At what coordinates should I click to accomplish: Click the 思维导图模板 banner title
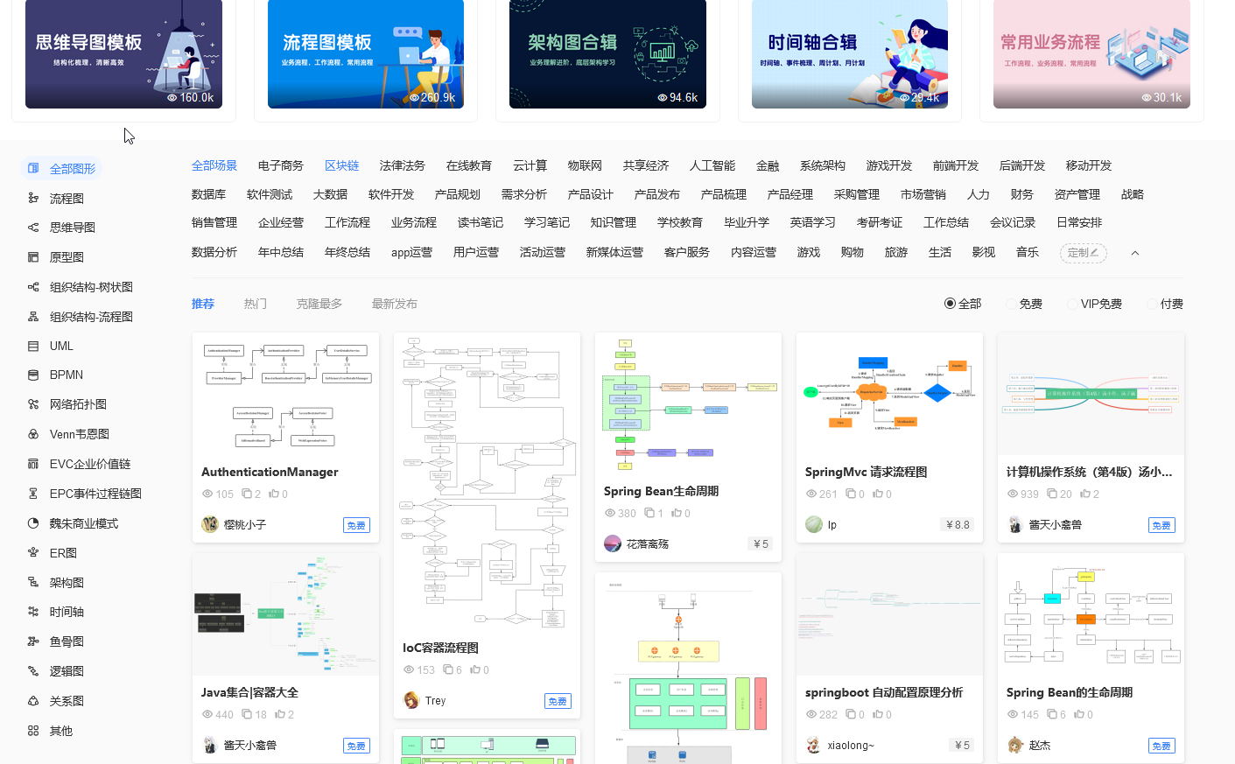coord(88,42)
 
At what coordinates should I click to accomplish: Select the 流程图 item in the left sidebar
coord(67,199)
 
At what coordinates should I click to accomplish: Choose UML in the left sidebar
coord(61,346)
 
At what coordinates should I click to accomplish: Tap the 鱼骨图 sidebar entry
coord(67,641)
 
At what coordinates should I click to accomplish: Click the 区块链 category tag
coord(341,165)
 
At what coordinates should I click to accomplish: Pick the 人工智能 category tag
coord(712,165)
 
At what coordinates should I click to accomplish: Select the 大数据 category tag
coord(330,194)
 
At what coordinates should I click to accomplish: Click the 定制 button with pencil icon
coord(1083,253)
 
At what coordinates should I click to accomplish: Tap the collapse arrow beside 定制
coord(1135,253)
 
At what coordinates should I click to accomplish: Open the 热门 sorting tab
coord(255,304)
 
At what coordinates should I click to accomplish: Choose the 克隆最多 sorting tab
coord(319,304)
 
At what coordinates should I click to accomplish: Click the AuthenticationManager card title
coord(270,472)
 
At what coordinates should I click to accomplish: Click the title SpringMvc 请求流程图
coord(866,472)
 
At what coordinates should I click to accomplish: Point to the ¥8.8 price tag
coord(958,525)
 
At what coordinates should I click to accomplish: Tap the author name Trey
coord(435,701)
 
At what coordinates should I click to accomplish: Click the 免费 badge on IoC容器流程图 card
coord(557,701)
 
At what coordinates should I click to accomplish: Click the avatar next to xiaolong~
coord(814,745)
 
